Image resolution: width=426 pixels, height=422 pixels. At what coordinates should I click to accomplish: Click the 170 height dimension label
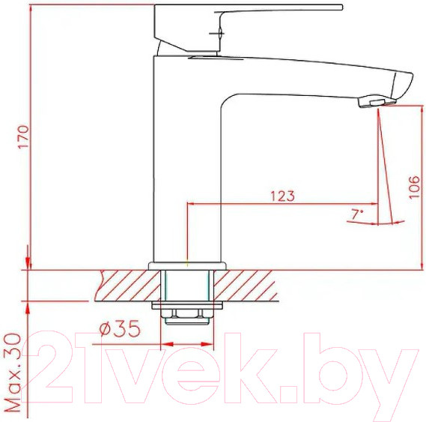coord(24,136)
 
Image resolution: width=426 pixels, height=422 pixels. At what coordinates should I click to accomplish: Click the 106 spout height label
coord(414,187)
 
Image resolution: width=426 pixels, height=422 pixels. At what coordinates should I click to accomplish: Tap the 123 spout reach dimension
coord(282,196)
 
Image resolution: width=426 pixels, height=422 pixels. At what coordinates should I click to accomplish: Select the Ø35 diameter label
coord(120,328)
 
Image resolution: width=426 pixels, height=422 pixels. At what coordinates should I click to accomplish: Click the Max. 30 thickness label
coord(13,373)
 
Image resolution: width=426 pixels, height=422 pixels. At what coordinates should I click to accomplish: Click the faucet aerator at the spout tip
coord(377,101)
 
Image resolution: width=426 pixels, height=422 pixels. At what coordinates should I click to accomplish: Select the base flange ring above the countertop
coord(187,266)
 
